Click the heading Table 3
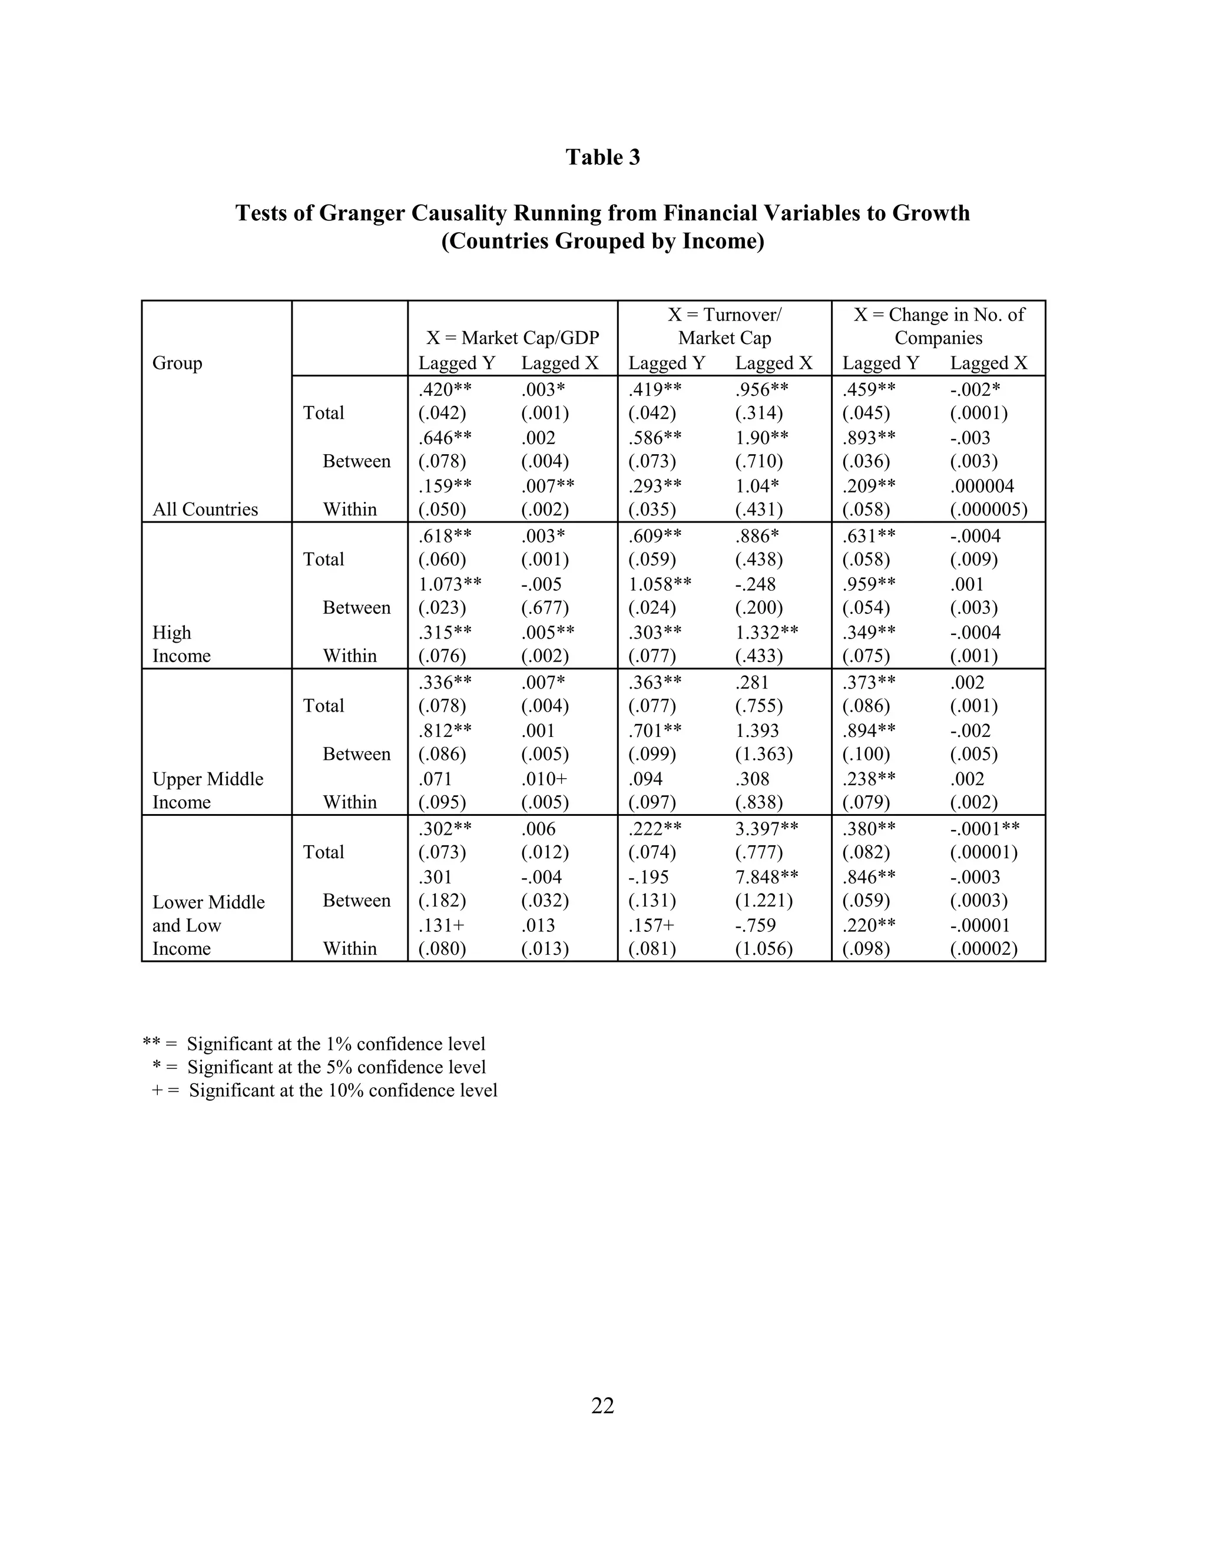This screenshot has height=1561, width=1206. [x=602, y=157]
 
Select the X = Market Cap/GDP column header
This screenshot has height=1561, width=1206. [x=512, y=338]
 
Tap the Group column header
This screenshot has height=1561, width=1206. [x=177, y=363]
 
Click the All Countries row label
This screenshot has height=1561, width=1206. [x=205, y=509]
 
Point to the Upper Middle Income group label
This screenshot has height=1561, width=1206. [x=207, y=790]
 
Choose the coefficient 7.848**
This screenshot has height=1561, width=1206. [x=767, y=877]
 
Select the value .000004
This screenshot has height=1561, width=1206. [x=982, y=486]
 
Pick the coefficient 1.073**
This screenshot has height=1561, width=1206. [x=449, y=584]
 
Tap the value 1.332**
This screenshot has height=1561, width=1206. [x=767, y=633]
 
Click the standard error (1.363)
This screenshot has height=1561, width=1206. [x=764, y=754]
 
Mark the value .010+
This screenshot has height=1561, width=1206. [x=544, y=779]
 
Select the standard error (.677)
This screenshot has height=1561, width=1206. [x=545, y=607]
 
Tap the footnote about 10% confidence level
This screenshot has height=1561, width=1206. [x=324, y=1090]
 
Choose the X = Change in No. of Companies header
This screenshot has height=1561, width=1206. [x=938, y=326]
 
